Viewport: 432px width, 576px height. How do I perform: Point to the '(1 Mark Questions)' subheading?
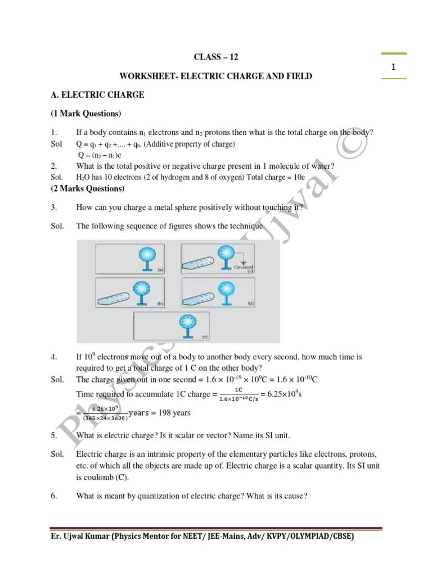85,114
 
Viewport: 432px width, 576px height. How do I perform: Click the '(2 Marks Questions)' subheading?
87,188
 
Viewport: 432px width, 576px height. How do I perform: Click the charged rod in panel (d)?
201,295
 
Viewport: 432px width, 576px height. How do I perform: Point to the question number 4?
53,357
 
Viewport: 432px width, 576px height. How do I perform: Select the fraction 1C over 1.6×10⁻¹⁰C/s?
238,394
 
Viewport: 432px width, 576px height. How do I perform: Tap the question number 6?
53,497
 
